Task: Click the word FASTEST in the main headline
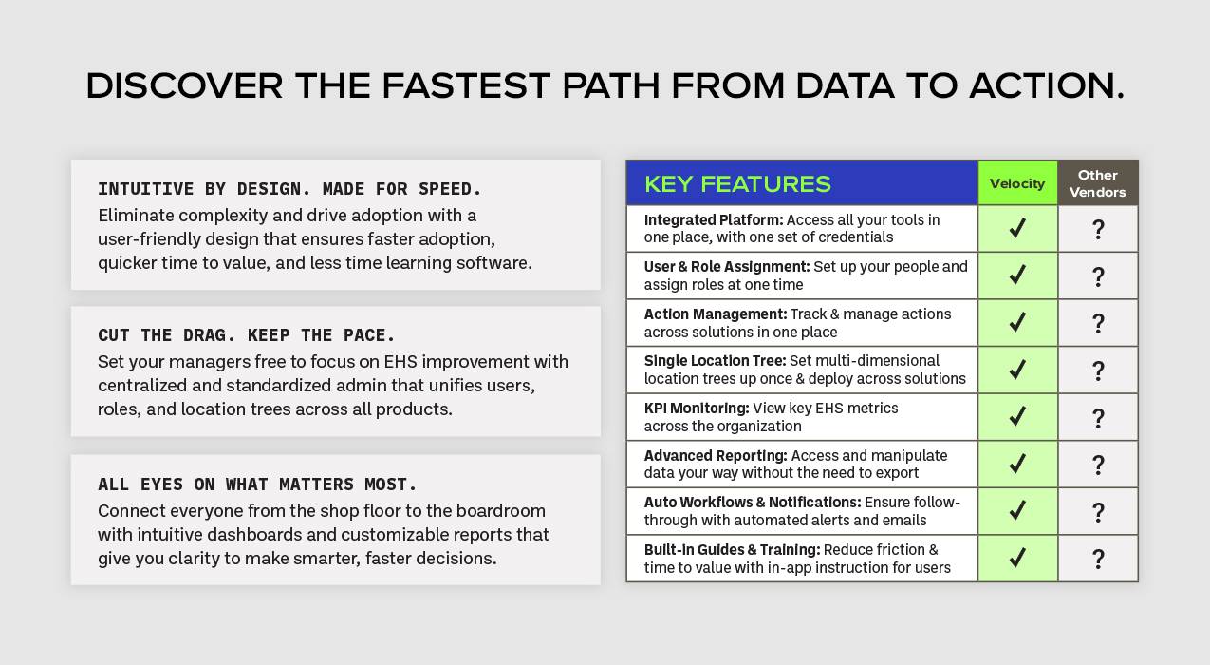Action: [x=466, y=85]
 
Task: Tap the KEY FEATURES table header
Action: [x=737, y=184]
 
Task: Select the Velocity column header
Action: [x=1017, y=183]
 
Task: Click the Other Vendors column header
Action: [x=1098, y=183]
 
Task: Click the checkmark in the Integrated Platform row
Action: [x=1017, y=228]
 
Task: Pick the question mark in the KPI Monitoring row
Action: [x=1098, y=418]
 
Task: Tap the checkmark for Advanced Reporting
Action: [x=1017, y=464]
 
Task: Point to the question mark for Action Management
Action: [x=1098, y=323]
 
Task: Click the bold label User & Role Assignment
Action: [x=727, y=267]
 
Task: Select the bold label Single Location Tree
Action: [x=715, y=361]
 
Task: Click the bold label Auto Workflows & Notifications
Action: [x=753, y=503]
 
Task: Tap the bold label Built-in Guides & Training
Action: [x=732, y=550]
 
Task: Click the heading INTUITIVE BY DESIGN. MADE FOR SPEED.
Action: [x=289, y=189]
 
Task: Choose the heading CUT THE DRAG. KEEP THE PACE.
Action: [x=247, y=335]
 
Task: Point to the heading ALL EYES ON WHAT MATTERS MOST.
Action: [x=258, y=484]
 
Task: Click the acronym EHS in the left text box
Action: [x=400, y=361]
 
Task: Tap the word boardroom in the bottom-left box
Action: [x=501, y=511]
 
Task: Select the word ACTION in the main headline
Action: [x=1047, y=85]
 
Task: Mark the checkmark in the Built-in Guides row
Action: [x=1017, y=558]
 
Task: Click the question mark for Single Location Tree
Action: [x=1098, y=370]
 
